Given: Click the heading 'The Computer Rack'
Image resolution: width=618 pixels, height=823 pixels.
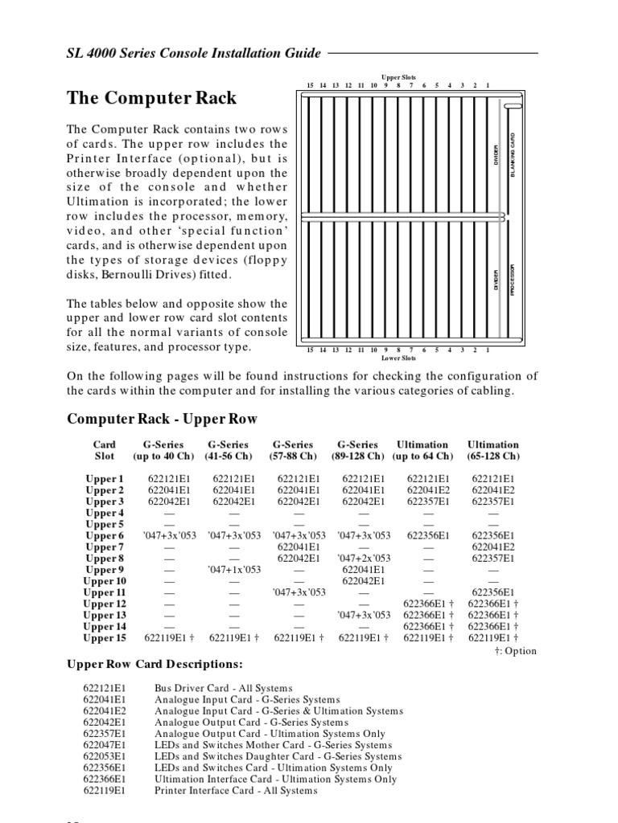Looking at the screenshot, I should pos(151,98).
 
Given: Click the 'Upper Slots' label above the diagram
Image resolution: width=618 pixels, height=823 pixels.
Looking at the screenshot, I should pos(398,76).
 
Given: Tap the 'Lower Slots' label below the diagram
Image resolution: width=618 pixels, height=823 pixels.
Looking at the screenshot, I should pos(398,358).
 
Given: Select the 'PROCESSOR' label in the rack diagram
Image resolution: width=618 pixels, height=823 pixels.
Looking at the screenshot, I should pos(512,280).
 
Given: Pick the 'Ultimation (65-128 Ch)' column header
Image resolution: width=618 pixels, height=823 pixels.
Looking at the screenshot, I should pos(492,450).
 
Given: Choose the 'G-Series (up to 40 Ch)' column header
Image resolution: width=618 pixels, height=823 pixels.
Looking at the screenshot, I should pos(163,450).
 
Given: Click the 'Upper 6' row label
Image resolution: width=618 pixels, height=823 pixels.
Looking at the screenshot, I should pos(105,536).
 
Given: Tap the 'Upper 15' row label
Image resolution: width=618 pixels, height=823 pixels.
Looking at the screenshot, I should pos(105,638).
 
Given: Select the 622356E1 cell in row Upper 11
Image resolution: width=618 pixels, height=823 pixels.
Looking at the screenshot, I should pos(492,592).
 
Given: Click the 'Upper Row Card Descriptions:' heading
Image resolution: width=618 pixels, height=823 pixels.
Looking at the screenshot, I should pos(154,665).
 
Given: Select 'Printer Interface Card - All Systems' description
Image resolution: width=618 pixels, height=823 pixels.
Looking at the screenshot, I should pos(236,790).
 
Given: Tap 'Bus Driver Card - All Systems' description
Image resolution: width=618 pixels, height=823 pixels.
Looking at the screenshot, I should pos(224,689).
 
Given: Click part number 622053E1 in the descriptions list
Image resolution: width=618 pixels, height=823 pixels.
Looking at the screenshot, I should pos(104,756).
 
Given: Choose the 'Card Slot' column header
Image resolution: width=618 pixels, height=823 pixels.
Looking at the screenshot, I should pos(105,450).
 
